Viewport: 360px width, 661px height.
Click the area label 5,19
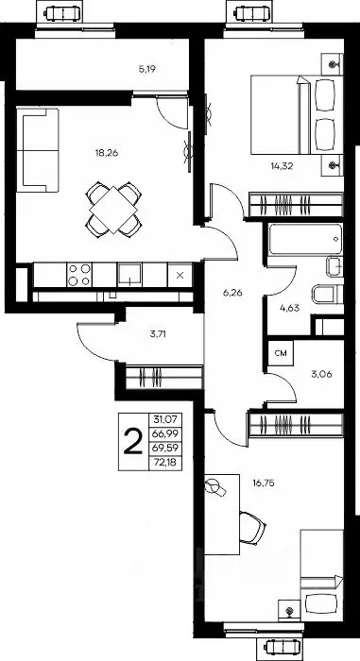pyautogui.click(x=147, y=69)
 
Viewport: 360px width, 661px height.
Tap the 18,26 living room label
pyautogui.click(x=107, y=153)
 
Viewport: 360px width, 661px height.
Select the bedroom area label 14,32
pyautogui.click(x=282, y=165)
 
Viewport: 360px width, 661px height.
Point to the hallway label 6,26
pyautogui.click(x=232, y=293)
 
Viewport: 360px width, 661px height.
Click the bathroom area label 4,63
pyautogui.click(x=289, y=308)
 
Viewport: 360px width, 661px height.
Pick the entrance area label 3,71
pyautogui.click(x=159, y=334)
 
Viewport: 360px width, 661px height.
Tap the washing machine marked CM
pyautogui.click(x=281, y=353)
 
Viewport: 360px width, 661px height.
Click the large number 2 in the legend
pyautogui.click(x=133, y=441)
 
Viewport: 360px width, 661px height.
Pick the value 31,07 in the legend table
pyautogui.click(x=166, y=419)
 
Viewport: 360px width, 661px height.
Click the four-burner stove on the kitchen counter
pyautogui.click(x=79, y=275)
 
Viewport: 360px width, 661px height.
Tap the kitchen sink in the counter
pyautogui.click(x=130, y=275)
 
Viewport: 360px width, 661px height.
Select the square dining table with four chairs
pyautogui.click(x=113, y=209)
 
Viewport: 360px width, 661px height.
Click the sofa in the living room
pyautogui.click(x=37, y=150)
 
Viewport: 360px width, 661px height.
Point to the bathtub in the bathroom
pyautogui.click(x=306, y=239)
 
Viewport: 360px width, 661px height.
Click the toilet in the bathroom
pyautogui.click(x=328, y=294)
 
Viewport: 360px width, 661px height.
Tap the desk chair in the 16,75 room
pyautogui.click(x=252, y=527)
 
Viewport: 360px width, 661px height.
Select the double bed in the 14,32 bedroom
pyautogui.click(x=297, y=114)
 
